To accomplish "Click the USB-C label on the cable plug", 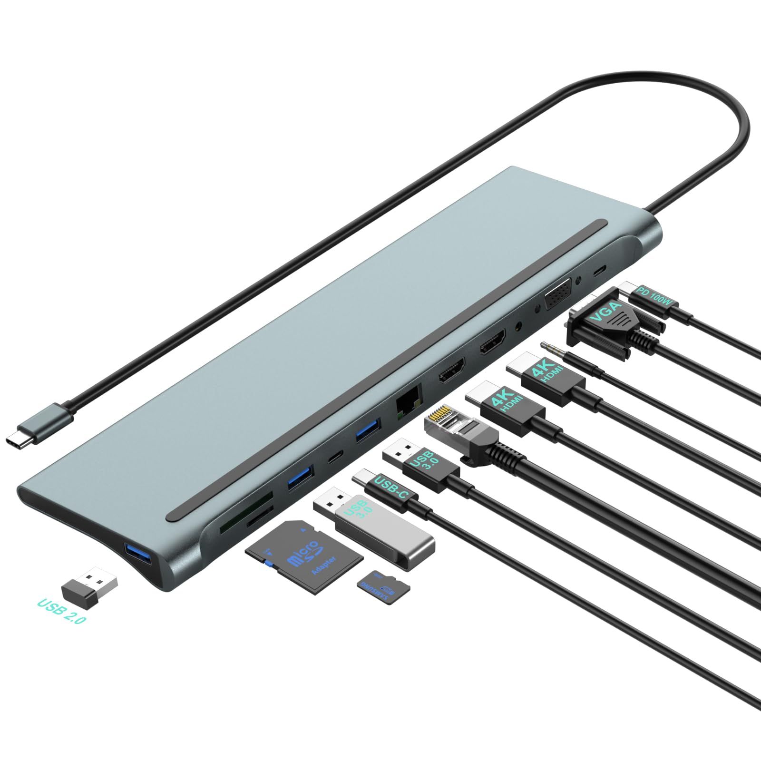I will click(x=391, y=488).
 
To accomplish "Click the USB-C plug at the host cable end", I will click(x=38, y=421).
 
